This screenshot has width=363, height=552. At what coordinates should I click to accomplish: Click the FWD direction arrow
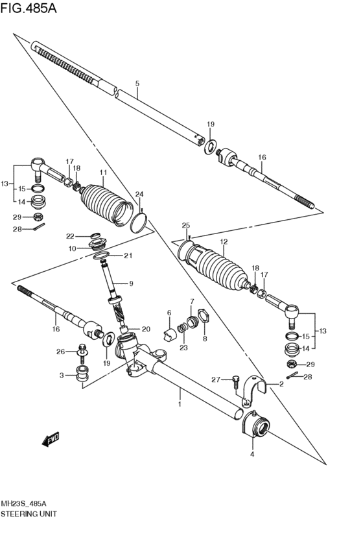51,438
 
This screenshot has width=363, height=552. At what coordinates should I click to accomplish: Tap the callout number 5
137,84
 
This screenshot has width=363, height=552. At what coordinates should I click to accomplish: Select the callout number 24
139,195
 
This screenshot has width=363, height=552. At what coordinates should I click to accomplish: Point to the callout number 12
224,242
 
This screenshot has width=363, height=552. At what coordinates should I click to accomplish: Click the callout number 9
131,283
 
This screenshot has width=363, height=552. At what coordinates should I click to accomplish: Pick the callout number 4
252,455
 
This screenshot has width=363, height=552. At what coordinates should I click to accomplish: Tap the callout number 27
216,379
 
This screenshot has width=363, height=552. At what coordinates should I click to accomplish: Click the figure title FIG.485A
28,8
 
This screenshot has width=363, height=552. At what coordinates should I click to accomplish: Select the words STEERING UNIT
29,514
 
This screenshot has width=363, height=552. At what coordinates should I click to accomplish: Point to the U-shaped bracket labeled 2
255,390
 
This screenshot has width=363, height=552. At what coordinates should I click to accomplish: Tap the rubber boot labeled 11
106,204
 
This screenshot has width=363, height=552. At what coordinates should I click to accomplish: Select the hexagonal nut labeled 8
204,316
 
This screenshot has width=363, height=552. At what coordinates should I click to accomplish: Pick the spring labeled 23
182,328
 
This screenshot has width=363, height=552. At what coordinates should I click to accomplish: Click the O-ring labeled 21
101,255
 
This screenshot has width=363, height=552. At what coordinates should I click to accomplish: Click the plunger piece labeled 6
170,334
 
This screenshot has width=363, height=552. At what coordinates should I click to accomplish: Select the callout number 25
186,225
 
